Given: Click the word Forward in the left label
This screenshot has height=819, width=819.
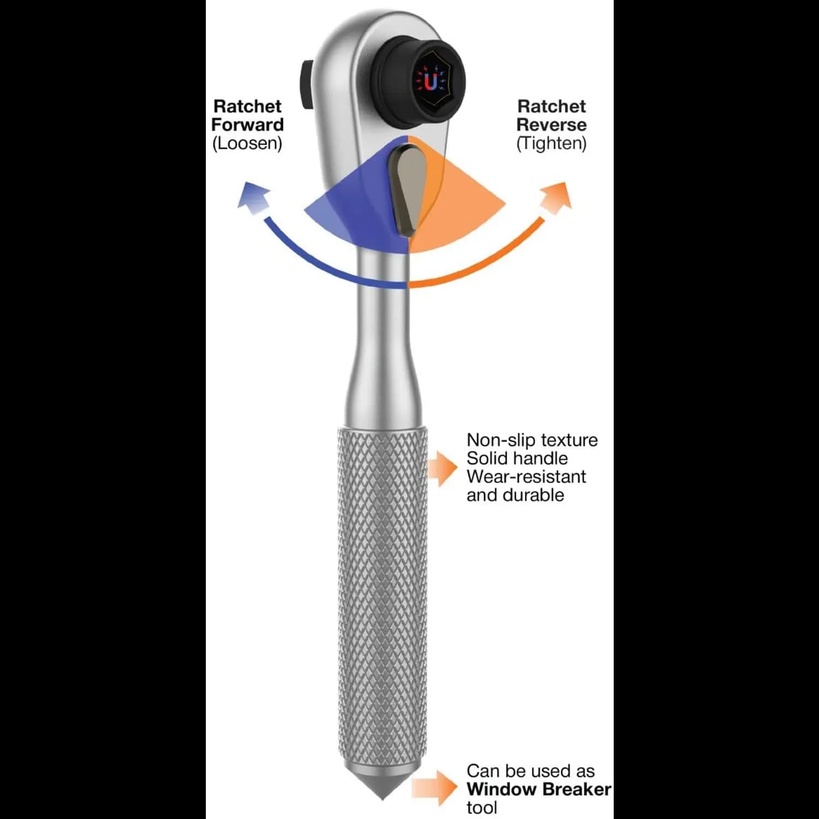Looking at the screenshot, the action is coord(247,124).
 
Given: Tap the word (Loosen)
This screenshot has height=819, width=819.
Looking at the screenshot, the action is coord(247,143).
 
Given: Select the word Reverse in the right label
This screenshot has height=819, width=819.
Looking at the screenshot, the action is coord(551,124).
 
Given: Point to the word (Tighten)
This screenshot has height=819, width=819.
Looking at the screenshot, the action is coord(551,143).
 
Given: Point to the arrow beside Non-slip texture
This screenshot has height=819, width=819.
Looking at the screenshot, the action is coord(442,467).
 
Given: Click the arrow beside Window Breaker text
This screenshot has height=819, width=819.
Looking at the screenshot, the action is coord(435,788).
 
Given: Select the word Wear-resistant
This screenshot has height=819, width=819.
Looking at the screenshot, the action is coord(526,476).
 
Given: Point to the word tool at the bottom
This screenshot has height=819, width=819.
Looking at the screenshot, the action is coord(482,808).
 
